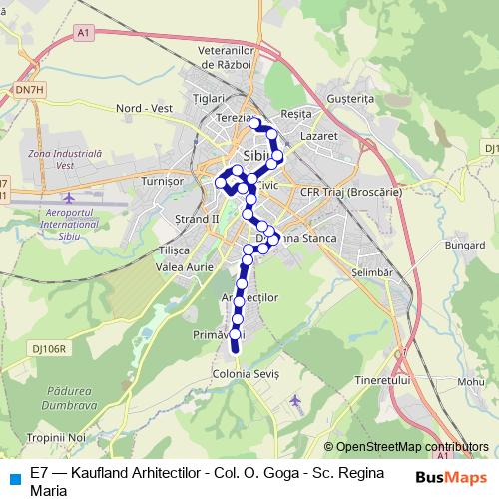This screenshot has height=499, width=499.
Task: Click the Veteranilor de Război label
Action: [229, 57]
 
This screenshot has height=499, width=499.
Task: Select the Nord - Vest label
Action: [145, 107]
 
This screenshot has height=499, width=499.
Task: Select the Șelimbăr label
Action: [374, 271]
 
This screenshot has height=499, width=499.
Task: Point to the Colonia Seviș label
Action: [245, 373]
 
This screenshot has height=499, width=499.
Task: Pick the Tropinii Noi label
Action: [59, 438]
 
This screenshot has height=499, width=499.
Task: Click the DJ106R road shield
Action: [48, 349]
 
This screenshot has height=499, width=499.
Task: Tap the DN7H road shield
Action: [30, 89]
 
